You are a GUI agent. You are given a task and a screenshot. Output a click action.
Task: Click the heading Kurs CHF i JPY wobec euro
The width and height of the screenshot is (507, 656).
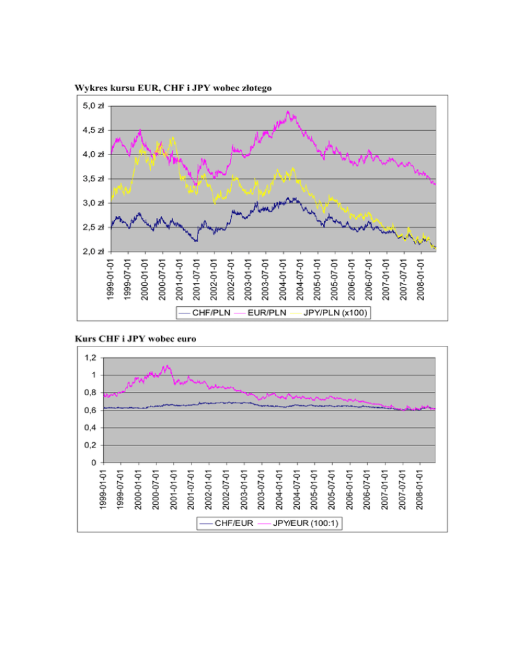point(135,339)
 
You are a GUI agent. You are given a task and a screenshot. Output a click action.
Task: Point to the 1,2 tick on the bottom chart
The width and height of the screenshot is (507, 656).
point(90,358)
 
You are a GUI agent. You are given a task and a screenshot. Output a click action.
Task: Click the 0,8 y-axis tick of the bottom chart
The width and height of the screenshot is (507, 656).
point(90,393)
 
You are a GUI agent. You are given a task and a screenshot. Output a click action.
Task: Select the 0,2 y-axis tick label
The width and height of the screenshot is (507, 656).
point(90,445)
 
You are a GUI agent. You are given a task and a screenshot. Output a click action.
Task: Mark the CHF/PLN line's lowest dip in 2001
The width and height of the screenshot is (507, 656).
point(196,242)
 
